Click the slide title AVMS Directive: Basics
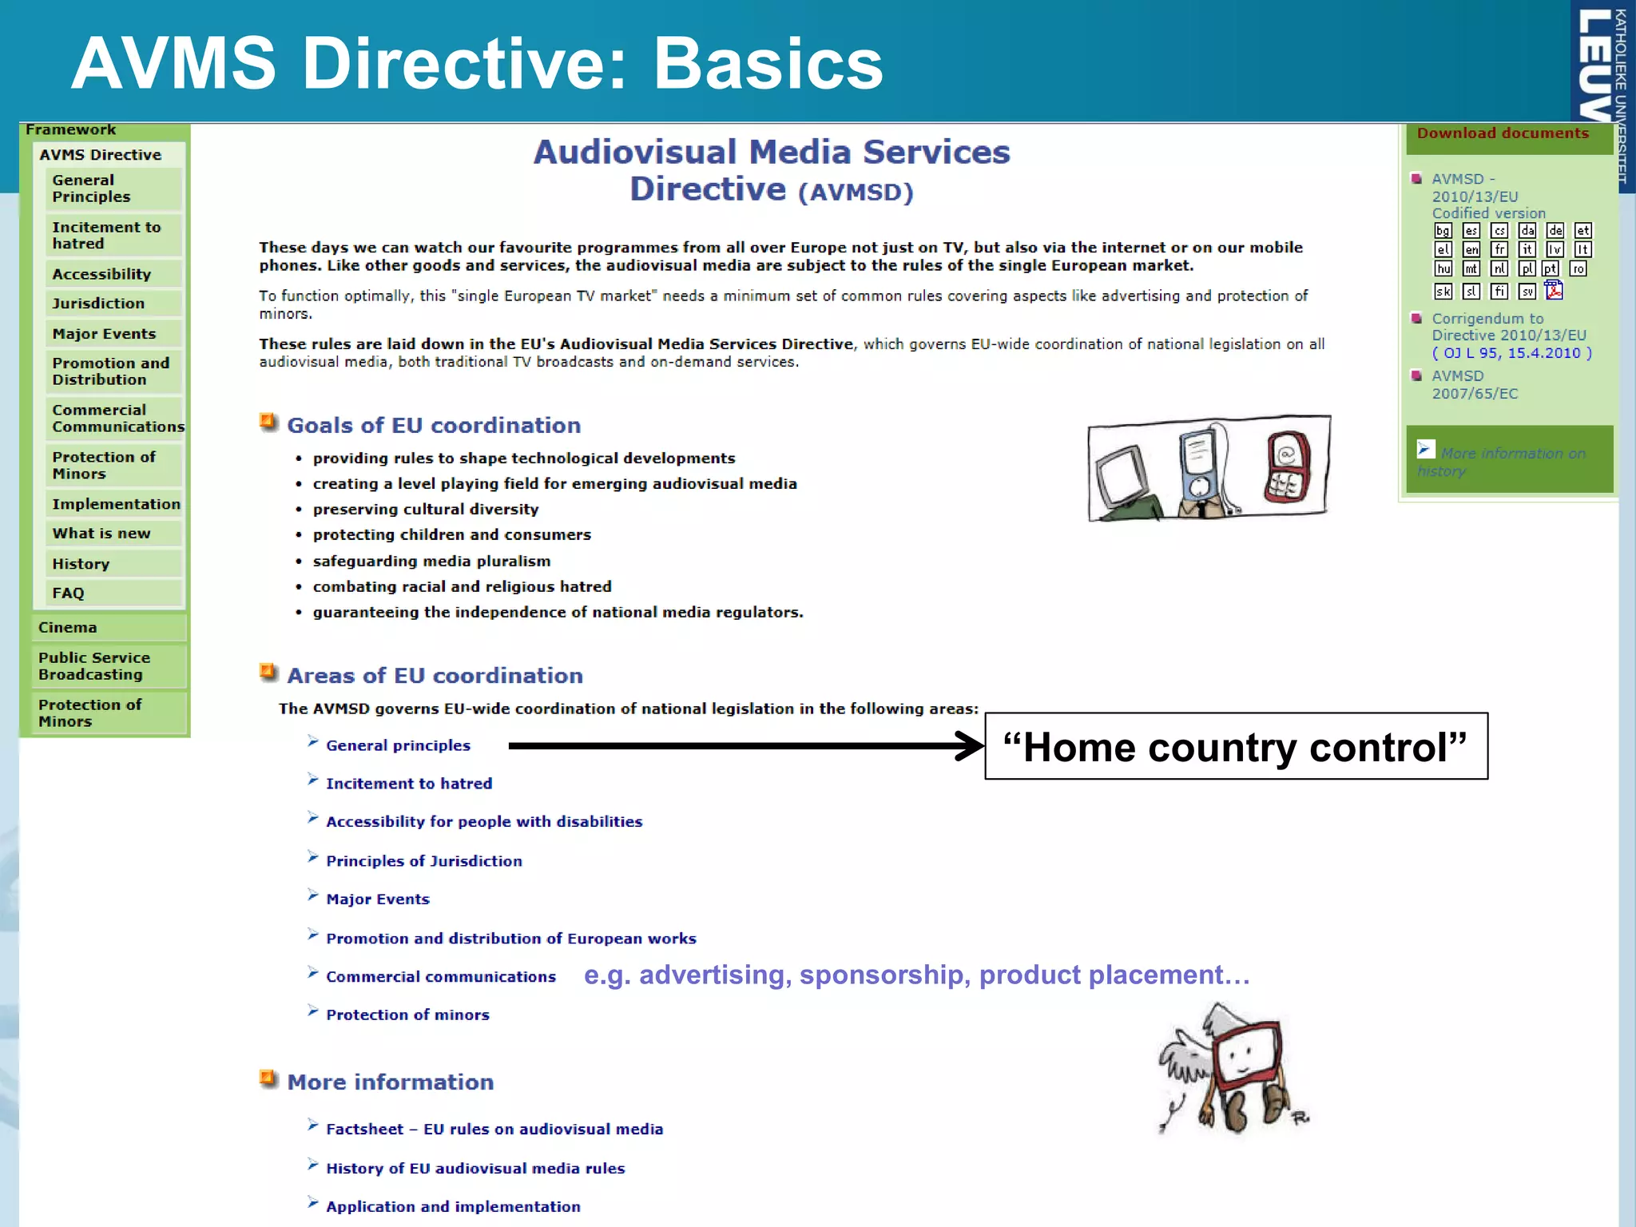point(477,64)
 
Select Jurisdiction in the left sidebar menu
point(98,304)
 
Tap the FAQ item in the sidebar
point(68,594)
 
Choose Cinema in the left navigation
point(67,628)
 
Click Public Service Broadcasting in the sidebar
point(93,666)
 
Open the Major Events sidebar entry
point(104,334)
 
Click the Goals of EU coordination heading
point(433,426)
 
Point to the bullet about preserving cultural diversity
point(425,510)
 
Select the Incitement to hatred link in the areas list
point(408,784)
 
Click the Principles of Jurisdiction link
point(423,861)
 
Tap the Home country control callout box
point(1235,747)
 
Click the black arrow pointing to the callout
point(743,746)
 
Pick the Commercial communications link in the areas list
point(440,977)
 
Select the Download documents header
point(1503,134)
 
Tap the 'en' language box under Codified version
point(1471,250)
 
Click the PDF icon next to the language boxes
point(1553,291)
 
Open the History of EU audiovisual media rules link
point(475,1169)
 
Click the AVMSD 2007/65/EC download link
point(1474,385)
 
